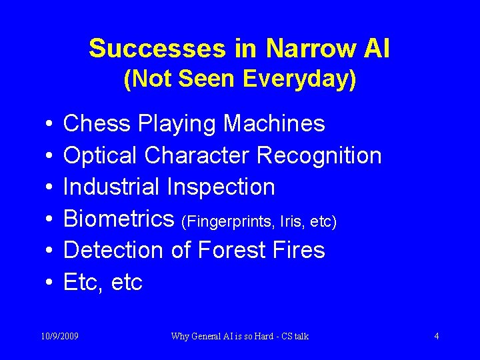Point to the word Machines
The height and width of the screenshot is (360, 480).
pyautogui.click(x=275, y=123)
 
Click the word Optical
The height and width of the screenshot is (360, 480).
pyautogui.click(x=100, y=155)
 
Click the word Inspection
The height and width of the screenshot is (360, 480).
pyautogui.click(x=221, y=187)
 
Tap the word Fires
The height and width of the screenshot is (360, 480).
pyautogui.click(x=299, y=250)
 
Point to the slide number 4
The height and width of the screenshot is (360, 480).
pyautogui.click(x=437, y=336)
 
